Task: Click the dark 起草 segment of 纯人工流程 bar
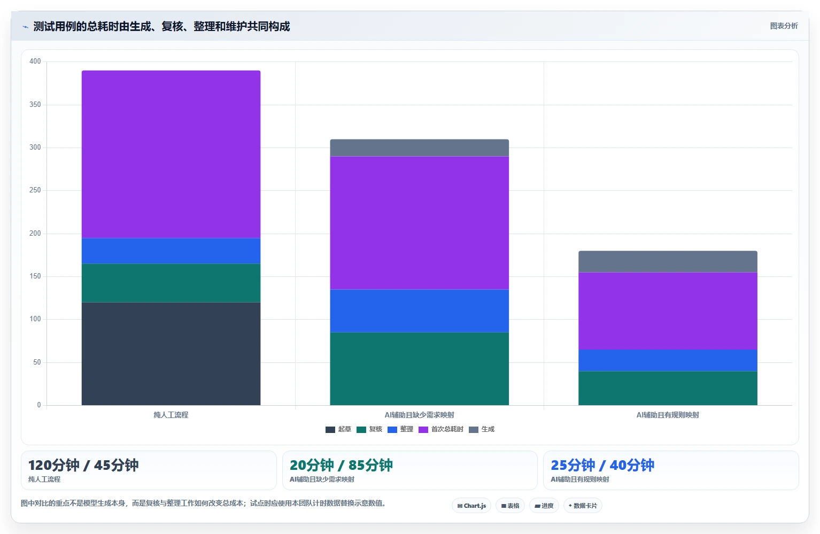171,353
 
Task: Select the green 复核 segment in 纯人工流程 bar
171,283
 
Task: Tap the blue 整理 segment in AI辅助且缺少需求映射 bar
419,311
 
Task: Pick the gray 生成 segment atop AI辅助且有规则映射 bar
668,261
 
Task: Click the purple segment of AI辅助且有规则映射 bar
668,311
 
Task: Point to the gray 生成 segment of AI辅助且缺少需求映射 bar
419,148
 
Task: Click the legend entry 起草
338,429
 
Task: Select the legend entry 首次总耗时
441,429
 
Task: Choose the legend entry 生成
482,429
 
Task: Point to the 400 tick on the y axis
35,61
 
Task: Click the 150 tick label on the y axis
35,276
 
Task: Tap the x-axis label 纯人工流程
171,415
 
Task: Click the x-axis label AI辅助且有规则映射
668,415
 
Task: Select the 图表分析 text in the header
784,26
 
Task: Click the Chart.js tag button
471,506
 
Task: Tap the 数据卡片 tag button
583,506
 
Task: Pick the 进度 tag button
544,506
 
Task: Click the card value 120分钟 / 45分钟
83,465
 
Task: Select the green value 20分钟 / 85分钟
341,465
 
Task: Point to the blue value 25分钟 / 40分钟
602,465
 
